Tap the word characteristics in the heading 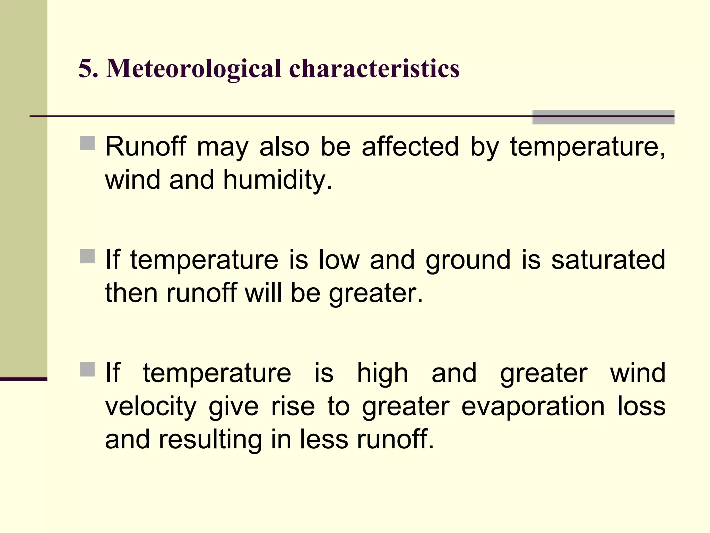tap(374, 68)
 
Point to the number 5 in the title tap(85, 68)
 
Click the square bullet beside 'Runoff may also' tap(87, 143)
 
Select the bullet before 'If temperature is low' tap(87, 256)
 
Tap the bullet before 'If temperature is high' tap(87, 370)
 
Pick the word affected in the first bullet tap(410, 146)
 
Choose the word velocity tap(151, 407)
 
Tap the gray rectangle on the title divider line tap(603, 117)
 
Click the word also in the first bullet tap(284, 146)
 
